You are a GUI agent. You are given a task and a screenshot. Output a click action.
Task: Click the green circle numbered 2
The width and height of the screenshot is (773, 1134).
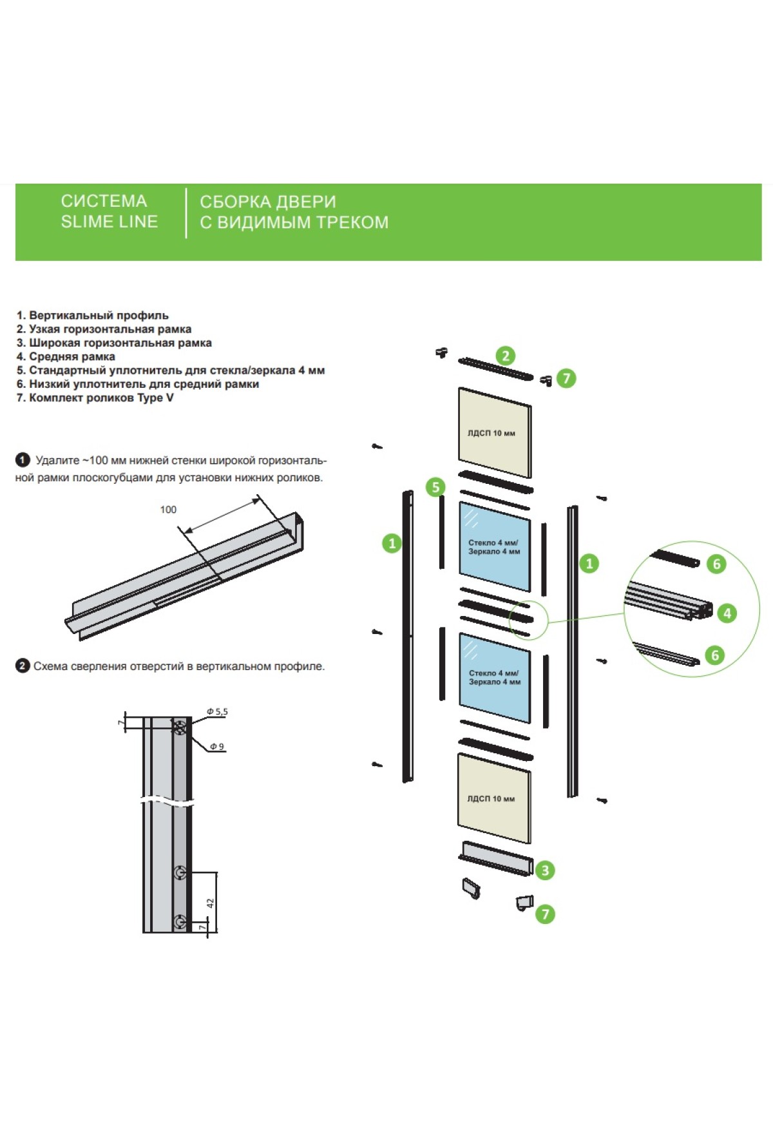pyautogui.click(x=506, y=356)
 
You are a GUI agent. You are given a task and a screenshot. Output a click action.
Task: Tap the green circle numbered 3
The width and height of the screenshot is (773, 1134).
pyautogui.click(x=545, y=870)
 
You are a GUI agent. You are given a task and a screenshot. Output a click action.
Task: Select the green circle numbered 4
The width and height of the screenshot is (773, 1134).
pyautogui.click(x=727, y=613)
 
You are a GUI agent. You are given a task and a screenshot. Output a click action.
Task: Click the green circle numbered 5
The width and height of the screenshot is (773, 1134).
pyautogui.click(x=435, y=487)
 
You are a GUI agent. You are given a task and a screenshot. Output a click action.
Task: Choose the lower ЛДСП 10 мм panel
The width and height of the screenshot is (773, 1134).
pyautogui.click(x=493, y=799)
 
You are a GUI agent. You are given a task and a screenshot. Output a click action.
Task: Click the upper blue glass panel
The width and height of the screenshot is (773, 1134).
pyautogui.click(x=494, y=546)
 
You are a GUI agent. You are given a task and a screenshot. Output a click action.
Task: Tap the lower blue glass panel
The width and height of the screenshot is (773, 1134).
pyautogui.click(x=494, y=677)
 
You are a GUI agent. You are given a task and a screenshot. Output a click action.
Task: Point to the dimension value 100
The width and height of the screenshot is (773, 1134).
pyautogui.click(x=168, y=510)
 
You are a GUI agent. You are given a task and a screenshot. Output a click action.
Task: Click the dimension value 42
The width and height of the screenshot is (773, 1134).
pyautogui.click(x=210, y=903)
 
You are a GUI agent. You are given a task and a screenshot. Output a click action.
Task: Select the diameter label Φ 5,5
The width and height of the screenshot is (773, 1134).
pyautogui.click(x=217, y=712)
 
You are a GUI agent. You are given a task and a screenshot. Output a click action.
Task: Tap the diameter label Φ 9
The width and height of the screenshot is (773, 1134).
pyautogui.click(x=217, y=747)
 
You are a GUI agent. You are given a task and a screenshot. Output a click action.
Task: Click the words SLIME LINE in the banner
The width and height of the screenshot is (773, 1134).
pyautogui.click(x=110, y=222)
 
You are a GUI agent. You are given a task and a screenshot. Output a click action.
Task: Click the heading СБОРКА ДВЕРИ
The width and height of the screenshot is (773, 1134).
pyautogui.click(x=268, y=202)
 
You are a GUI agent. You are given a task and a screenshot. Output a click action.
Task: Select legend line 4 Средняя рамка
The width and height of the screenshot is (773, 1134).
pyautogui.click(x=66, y=356)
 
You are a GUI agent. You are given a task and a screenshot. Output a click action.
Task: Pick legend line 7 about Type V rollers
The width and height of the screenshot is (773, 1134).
pyautogui.click(x=95, y=398)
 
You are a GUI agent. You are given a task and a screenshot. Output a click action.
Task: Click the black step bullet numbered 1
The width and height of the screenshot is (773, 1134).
pyautogui.click(x=23, y=460)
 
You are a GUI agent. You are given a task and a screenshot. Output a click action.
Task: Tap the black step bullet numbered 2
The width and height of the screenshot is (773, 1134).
pyautogui.click(x=23, y=666)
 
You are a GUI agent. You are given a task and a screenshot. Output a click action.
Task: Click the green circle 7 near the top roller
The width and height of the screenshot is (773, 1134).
pyautogui.click(x=566, y=378)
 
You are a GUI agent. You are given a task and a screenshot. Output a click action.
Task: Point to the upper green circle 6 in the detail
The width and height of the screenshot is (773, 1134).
pyautogui.click(x=716, y=564)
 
